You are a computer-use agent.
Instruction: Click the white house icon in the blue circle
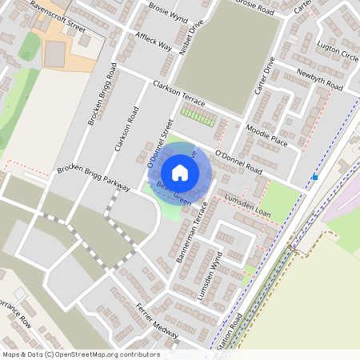click(180, 172)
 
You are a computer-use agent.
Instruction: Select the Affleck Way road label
click(154, 42)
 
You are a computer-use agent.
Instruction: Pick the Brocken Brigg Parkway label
click(94, 180)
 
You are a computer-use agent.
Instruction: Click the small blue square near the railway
click(316, 178)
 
